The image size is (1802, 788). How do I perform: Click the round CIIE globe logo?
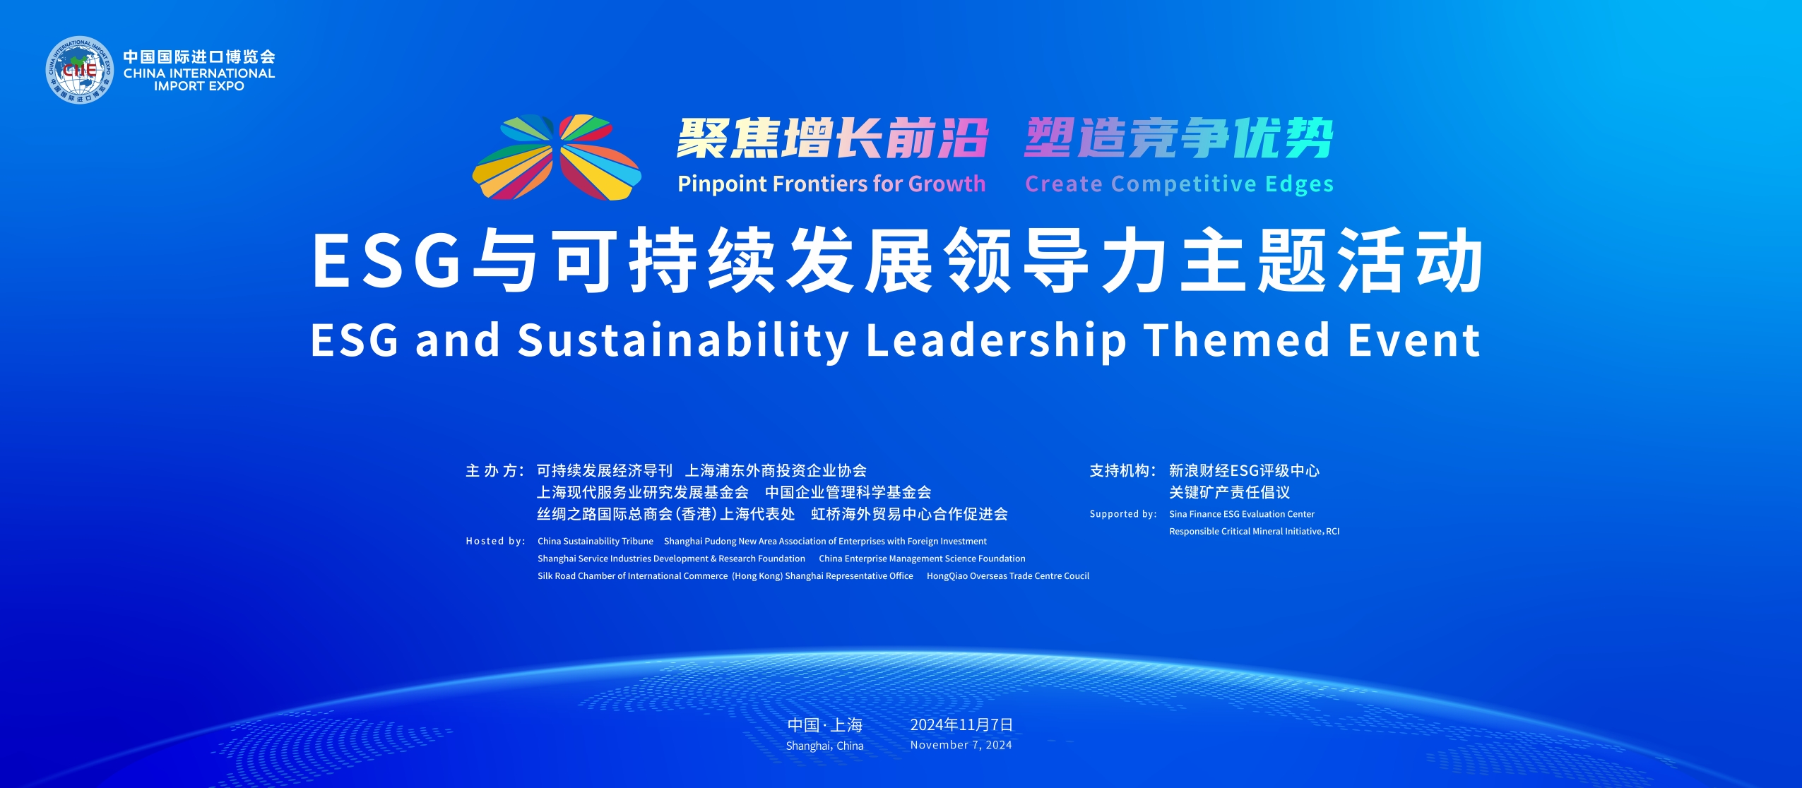tap(79, 70)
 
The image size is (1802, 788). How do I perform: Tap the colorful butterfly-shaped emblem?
tap(557, 157)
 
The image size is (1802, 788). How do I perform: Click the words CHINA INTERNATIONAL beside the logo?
tap(199, 73)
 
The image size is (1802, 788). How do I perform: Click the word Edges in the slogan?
tap(1299, 185)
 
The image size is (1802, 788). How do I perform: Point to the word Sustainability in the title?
tap(684, 342)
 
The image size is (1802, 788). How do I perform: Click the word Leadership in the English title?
tap(996, 342)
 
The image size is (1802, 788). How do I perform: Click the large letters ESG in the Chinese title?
tap(386, 260)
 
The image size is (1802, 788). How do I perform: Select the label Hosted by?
tap(496, 541)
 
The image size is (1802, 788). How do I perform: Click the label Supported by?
tap(1123, 514)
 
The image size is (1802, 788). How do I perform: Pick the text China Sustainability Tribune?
tap(595, 542)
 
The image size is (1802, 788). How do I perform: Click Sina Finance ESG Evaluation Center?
tap(1242, 514)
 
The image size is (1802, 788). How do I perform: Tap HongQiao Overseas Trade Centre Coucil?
tap(1008, 576)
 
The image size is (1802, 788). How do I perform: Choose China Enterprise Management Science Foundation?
tap(922, 559)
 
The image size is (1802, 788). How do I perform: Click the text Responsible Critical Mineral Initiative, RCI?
tap(1254, 531)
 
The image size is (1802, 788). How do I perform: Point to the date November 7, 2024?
tap(961, 745)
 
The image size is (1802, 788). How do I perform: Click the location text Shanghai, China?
tap(824, 746)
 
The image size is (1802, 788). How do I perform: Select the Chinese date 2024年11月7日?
tap(961, 725)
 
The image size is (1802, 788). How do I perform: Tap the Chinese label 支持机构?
tap(1120, 471)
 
